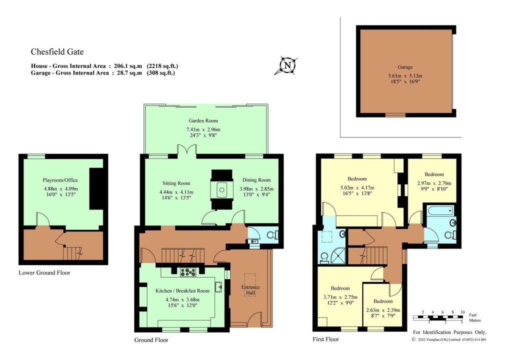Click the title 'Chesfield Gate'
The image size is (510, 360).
[57, 51]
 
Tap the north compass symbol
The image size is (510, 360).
[287, 65]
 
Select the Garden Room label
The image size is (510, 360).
[203, 121]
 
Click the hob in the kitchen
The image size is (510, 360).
[188, 272]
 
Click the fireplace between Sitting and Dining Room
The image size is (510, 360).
[221, 190]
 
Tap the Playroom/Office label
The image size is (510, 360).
[60, 180]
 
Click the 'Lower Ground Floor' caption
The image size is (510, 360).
[44, 273]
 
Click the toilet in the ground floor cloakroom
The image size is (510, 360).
[270, 234]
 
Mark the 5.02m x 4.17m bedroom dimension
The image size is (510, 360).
[357, 187]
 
